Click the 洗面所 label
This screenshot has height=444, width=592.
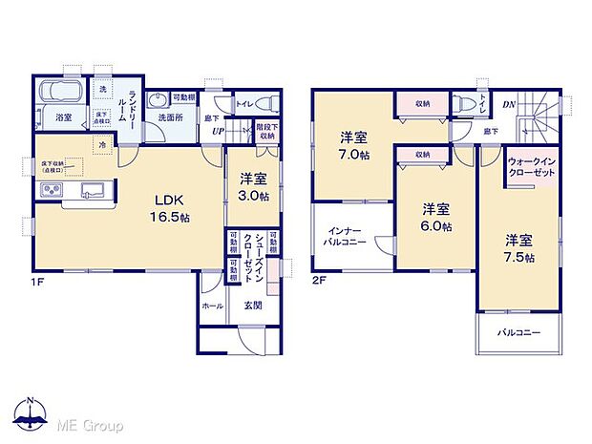tap(171, 117)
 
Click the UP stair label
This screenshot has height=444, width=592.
tap(219, 132)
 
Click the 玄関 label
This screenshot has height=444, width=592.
tap(254, 306)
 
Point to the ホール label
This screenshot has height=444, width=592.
tap(212, 306)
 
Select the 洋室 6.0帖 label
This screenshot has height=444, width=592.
tap(435, 218)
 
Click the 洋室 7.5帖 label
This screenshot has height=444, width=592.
tap(520, 248)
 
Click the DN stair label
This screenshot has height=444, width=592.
tap(510, 104)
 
